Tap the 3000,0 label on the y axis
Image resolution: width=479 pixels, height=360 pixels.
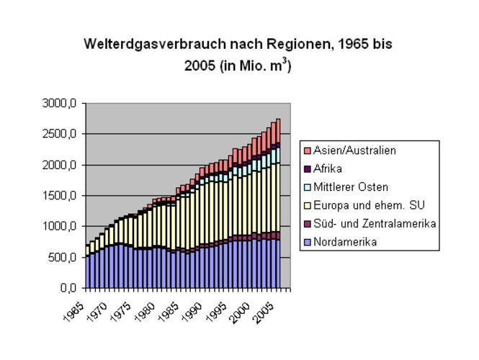pos(60,104)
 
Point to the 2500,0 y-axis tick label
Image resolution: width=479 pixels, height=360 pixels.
pos(60,135)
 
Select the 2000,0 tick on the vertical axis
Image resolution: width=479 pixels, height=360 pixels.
pos(60,166)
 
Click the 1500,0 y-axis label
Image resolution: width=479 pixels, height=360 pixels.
pos(60,196)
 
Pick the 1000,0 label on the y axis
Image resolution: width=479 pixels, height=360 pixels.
pos(60,227)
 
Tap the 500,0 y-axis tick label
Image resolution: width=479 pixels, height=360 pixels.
pos(63,258)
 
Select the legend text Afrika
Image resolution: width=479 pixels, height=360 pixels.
pos(328,168)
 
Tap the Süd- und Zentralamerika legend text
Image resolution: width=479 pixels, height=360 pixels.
pos(375,224)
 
